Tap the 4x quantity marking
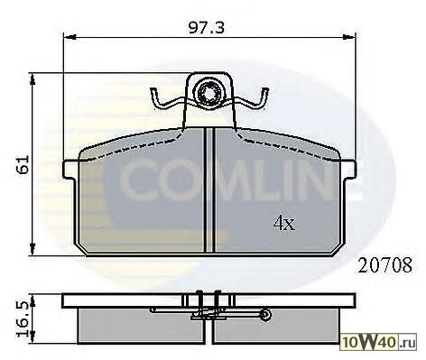coord(284,223)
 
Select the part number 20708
coord(384,265)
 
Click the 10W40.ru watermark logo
coord(379,343)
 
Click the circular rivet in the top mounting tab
coord(208,92)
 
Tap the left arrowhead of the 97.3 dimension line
coord(69,37)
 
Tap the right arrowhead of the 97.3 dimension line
coord(349,37)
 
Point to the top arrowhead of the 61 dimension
coord(32,78)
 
